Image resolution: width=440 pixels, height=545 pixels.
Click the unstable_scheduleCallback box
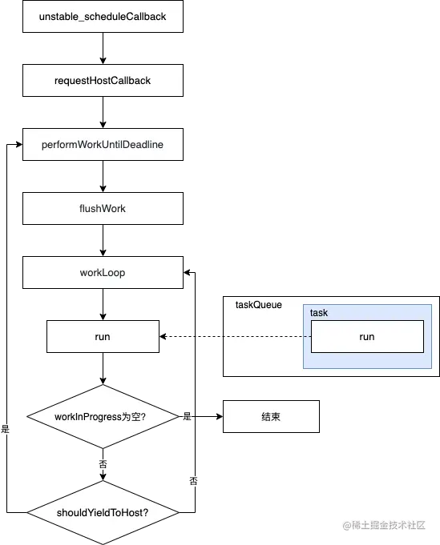coord(103,16)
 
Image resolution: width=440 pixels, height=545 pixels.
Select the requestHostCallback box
coord(103,80)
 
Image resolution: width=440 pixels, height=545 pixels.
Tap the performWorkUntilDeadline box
coord(103,144)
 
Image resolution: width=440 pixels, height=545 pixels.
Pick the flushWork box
coord(103,208)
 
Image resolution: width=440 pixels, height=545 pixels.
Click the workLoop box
coord(103,272)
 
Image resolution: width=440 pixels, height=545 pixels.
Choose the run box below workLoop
coord(103,336)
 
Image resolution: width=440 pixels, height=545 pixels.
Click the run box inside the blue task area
coord(367,336)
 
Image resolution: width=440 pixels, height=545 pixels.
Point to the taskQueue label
coord(259,305)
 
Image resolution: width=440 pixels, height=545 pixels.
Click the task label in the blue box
coord(319,313)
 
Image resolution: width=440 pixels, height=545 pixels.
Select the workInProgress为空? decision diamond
coord(103,416)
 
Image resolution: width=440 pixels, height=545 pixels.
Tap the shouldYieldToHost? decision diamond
coord(103,512)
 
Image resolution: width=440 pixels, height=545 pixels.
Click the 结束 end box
coord(271,416)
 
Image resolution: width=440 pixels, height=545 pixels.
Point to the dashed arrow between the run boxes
coord(236,336)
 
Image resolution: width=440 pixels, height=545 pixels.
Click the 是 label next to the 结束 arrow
coord(188,416)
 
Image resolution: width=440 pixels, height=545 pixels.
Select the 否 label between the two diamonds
coord(103,464)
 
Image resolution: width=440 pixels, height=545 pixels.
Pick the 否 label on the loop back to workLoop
coord(193,481)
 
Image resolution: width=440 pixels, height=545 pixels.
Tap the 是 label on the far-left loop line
coord(6,429)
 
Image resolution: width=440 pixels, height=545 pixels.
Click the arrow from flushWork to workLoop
coord(103,241)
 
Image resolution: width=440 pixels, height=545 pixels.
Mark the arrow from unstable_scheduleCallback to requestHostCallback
coord(103,49)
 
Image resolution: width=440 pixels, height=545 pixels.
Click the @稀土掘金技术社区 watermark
coord(384,525)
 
